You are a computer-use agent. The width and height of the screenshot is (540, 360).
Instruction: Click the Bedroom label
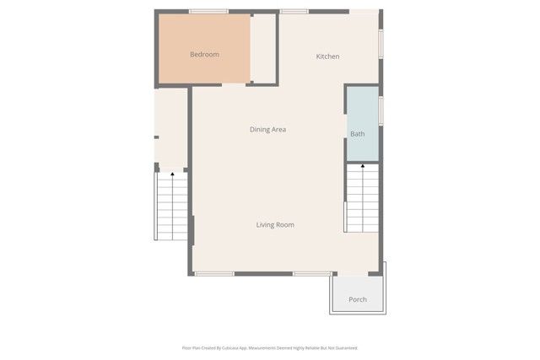click(204, 55)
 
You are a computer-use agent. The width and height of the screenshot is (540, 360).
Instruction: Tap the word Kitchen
click(327, 56)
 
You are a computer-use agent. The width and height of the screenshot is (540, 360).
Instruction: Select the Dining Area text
click(267, 129)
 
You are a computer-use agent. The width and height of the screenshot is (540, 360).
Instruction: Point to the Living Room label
click(275, 224)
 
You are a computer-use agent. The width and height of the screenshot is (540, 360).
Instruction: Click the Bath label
click(358, 134)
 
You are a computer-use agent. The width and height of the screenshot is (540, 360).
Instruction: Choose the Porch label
click(358, 299)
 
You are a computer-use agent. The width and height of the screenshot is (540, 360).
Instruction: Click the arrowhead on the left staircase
click(172, 175)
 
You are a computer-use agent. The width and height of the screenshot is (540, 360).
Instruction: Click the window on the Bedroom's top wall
click(208, 11)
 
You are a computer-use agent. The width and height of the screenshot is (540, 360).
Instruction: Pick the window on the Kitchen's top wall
click(294, 11)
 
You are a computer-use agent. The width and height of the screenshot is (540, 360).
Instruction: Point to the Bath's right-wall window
click(381, 110)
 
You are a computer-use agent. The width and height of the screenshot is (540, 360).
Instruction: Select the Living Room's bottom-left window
click(214, 273)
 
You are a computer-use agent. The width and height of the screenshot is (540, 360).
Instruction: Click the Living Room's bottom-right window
click(312, 273)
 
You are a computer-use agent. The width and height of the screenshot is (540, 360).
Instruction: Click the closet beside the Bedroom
click(264, 48)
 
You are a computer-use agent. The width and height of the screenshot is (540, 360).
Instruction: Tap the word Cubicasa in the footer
click(238, 347)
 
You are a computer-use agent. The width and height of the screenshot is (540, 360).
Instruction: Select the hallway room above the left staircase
click(171, 126)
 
